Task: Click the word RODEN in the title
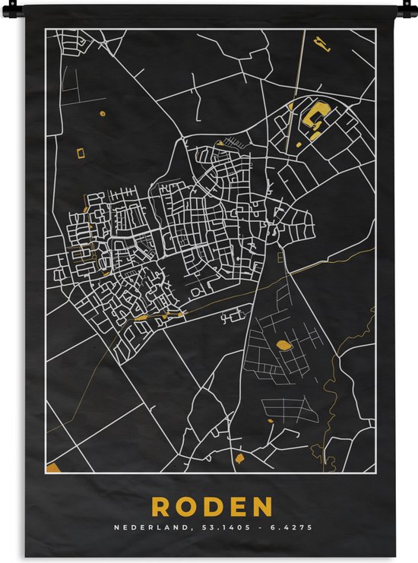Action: [212, 506]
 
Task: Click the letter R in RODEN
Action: [161, 506]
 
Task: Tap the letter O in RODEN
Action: [186, 506]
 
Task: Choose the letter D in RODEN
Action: [212, 506]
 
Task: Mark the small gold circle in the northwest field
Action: [102, 113]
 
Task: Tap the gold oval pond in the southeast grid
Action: [283, 345]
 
